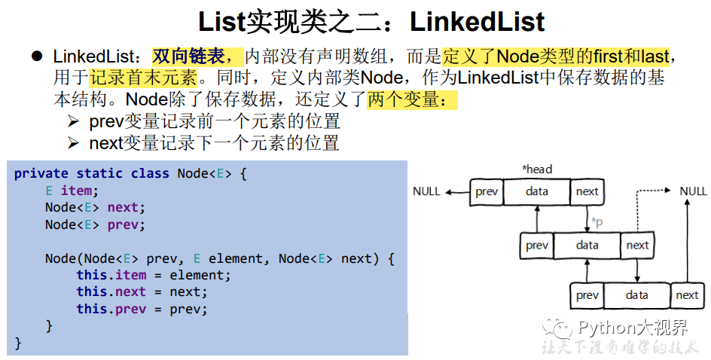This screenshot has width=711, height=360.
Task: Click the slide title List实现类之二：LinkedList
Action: [371, 21]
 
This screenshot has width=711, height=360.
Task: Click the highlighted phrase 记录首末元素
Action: [142, 78]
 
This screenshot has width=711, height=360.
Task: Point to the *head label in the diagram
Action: [536, 169]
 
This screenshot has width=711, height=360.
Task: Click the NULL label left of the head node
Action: [426, 191]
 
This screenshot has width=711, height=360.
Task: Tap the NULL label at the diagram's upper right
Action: [693, 191]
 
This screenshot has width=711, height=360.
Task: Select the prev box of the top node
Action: [487, 192]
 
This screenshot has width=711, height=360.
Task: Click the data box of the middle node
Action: [587, 245]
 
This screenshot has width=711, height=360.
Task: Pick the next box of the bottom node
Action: [686, 295]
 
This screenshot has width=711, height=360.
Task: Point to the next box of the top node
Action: [587, 192]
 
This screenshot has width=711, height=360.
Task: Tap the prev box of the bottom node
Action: [587, 295]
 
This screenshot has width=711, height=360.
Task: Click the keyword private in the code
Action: [41, 173]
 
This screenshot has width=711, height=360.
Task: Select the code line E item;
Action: [72, 191]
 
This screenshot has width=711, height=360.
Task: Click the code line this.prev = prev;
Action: [141, 309]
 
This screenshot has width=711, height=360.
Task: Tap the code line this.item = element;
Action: [154, 275]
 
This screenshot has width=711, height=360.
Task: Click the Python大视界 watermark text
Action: [631, 328]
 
